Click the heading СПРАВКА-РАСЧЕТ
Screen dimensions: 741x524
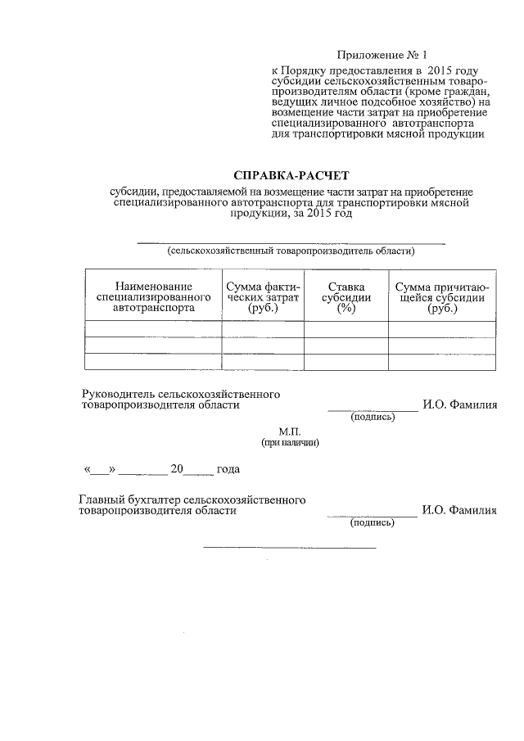(x=291, y=175)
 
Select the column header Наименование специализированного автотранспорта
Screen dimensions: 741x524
(x=153, y=297)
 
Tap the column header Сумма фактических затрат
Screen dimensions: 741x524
(x=263, y=297)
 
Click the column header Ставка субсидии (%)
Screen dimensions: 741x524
(x=346, y=297)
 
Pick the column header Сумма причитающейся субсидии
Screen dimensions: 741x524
(x=442, y=297)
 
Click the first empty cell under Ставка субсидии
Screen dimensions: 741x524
(x=346, y=329)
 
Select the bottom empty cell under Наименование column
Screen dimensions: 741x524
(x=153, y=362)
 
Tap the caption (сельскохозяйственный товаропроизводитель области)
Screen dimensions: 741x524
(x=291, y=251)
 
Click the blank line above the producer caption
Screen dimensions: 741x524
(x=291, y=243)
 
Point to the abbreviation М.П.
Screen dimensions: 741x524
(x=291, y=430)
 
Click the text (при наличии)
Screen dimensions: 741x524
(x=291, y=442)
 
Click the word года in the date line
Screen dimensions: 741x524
(x=228, y=470)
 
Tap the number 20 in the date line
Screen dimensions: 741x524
(x=176, y=470)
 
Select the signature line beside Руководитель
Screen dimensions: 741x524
(x=373, y=409)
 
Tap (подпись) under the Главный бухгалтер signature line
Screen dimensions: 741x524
(x=373, y=522)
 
